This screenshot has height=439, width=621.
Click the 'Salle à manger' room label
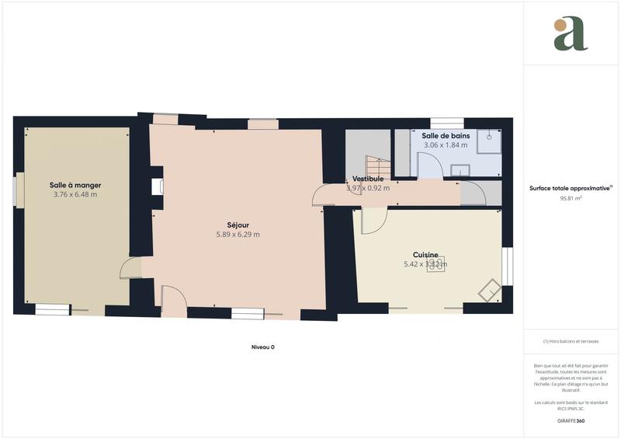click(75, 185)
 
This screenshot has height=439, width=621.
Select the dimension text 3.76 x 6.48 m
click(75, 195)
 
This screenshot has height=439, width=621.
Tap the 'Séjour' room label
click(238, 225)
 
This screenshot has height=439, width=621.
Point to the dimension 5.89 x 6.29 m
click(238, 235)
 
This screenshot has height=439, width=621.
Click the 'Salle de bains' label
click(445, 135)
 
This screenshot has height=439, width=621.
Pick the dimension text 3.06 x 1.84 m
click(445, 145)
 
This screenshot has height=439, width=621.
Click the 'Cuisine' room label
click(425, 254)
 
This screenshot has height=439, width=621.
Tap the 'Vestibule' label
click(368, 179)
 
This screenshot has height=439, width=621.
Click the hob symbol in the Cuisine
click(435, 263)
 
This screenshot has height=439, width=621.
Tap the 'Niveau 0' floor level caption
click(262, 347)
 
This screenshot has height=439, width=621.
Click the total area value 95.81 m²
click(571, 198)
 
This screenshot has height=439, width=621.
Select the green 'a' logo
click(571, 34)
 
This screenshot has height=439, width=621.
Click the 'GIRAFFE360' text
click(571, 420)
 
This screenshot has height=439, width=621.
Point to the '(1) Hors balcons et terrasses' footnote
click(571, 341)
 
